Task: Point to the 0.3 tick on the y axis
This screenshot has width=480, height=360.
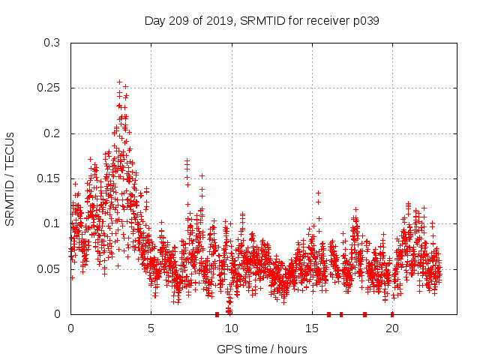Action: [x=52, y=43]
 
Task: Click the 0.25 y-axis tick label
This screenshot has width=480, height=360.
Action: [x=49, y=88]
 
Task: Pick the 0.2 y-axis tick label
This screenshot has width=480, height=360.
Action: [x=52, y=133]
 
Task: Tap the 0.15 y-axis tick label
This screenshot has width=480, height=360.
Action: [x=49, y=178]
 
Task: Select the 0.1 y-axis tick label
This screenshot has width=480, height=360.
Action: [x=52, y=223]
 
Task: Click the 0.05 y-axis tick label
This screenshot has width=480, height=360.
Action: [x=49, y=268]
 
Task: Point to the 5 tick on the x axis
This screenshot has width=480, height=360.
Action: [x=151, y=328]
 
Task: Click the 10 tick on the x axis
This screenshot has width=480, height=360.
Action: [x=231, y=328]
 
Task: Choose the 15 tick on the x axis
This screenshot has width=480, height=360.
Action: [x=311, y=328]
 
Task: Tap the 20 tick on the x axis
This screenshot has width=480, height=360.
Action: [x=391, y=328]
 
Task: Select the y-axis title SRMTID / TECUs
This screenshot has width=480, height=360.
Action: [x=10, y=178]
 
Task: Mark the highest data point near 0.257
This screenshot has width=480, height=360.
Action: [x=119, y=82]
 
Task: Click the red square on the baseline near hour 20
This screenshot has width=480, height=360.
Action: [x=392, y=314]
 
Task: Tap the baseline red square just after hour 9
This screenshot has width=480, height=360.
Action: [x=217, y=314]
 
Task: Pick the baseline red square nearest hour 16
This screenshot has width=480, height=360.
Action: [x=328, y=314]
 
